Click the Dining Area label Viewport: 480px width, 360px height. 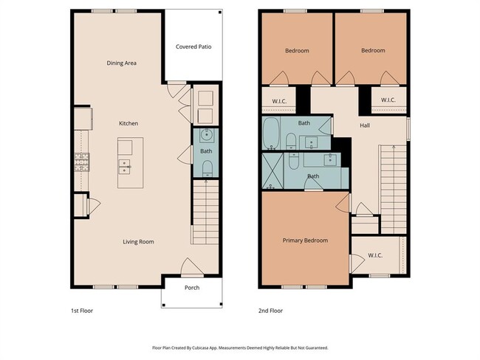click(x=122, y=63)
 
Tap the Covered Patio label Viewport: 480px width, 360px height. click(x=193, y=46)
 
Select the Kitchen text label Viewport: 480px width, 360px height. click(x=129, y=123)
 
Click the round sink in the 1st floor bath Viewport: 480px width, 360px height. click(x=206, y=136)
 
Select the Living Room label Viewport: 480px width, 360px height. click(x=138, y=241)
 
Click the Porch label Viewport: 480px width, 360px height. click(x=191, y=288)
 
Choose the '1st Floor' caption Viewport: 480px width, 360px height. click(x=82, y=311)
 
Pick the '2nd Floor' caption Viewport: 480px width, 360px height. click(x=271, y=311)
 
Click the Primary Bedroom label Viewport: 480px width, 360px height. click(x=305, y=240)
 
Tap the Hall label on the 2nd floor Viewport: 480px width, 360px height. click(x=365, y=125)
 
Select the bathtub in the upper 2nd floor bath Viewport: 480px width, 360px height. click(x=271, y=134)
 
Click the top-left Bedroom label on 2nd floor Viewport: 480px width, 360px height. click(x=297, y=50)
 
